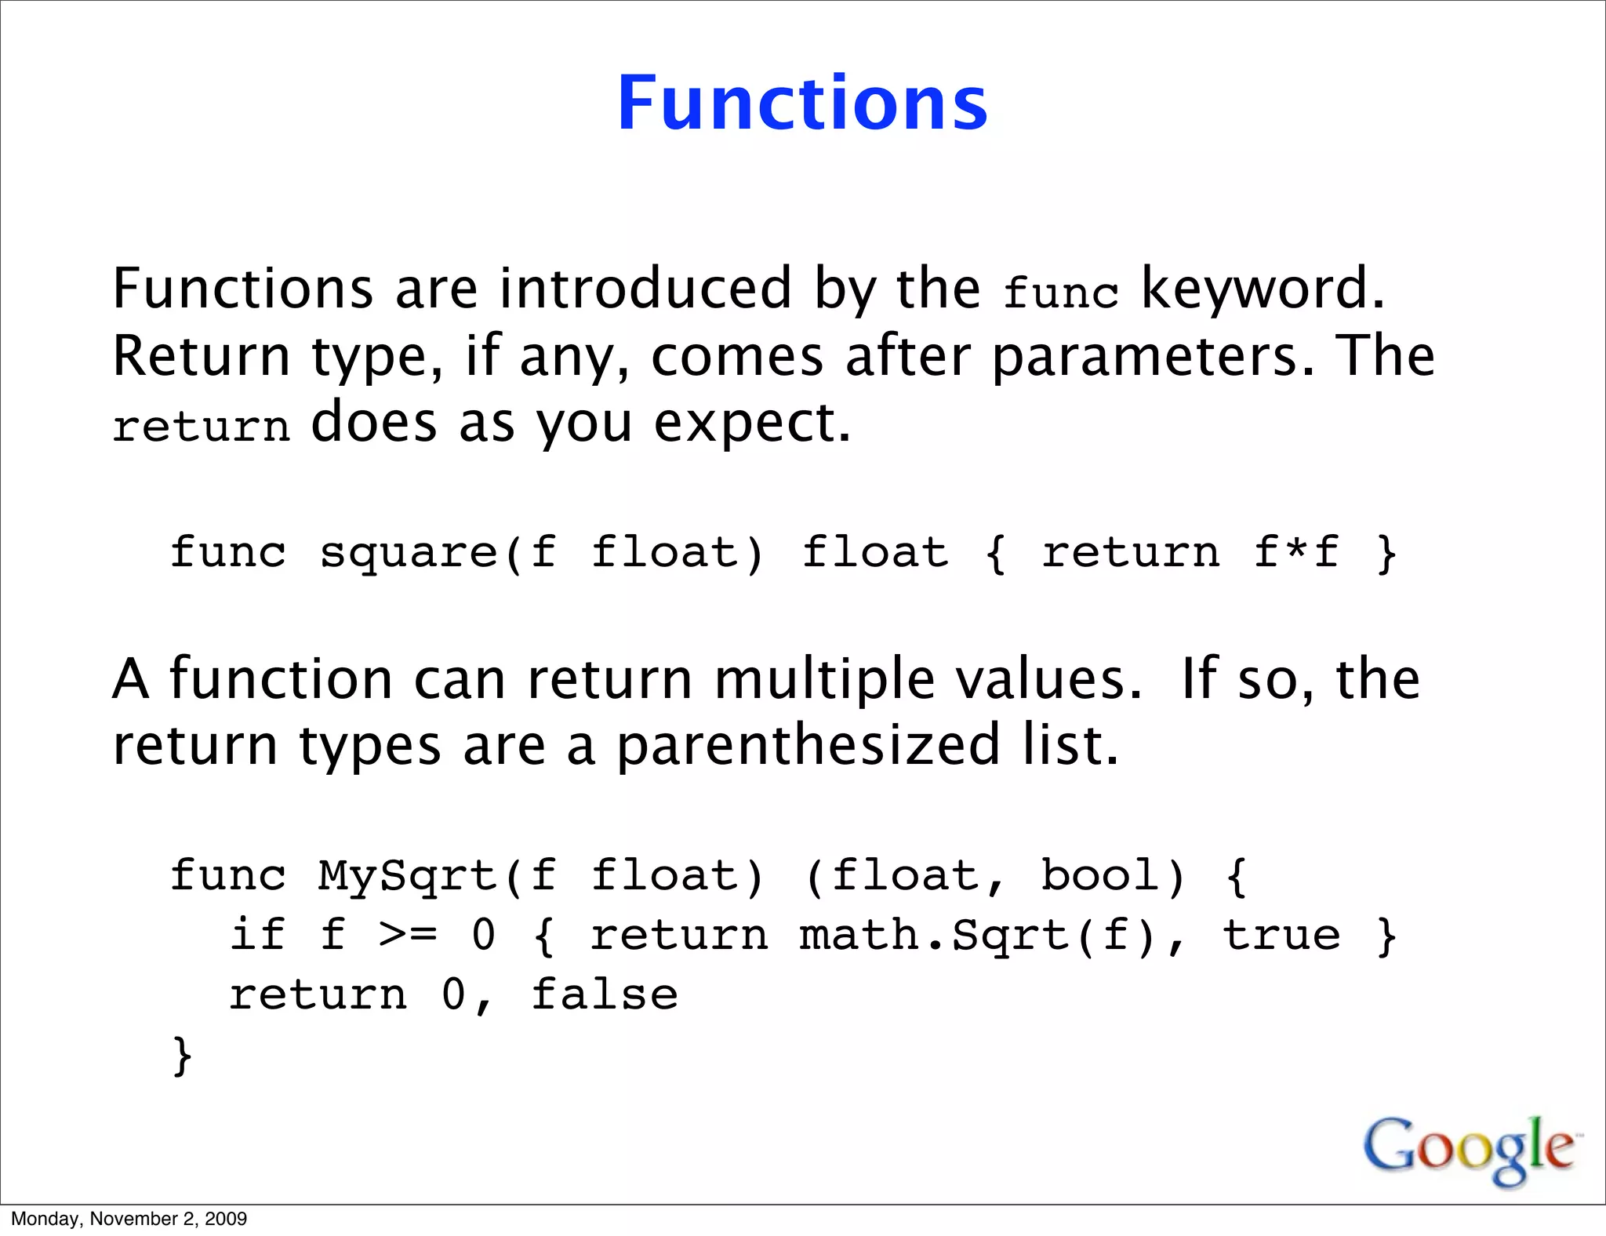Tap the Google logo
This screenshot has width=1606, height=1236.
[x=1470, y=1149]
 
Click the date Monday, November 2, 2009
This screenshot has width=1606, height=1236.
[x=129, y=1219]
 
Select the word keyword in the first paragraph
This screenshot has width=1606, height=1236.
[x=1263, y=289]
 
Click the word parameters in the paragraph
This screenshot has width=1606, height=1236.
[x=1151, y=357]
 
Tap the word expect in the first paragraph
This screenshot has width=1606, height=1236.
[x=750, y=424]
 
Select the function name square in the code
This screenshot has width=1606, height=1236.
[x=409, y=554]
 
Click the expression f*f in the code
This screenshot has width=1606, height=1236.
[x=1295, y=552]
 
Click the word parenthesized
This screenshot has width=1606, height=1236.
[x=808, y=745]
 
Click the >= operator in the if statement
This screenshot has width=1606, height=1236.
[x=408, y=936]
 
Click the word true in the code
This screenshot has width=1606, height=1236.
[x=1281, y=936]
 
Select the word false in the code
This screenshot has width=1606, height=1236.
[x=605, y=995]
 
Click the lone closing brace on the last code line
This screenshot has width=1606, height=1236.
[x=182, y=1056]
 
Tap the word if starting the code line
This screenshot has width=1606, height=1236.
[x=257, y=936]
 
